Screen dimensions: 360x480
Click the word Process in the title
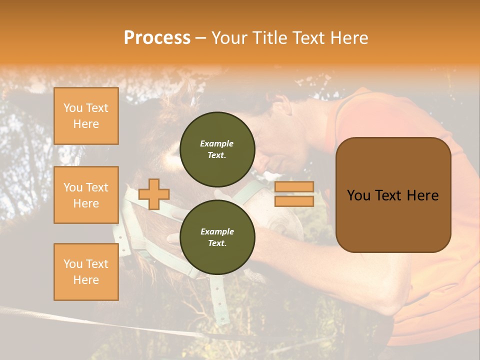click(x=157, y=38)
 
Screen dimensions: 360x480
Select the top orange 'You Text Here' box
click(x=86, y=116)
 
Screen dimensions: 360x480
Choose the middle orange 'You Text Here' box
click(x=86, y=195)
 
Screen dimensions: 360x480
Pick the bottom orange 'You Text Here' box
click(x=86, y=271)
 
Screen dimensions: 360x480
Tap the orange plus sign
click(x=154, y=194)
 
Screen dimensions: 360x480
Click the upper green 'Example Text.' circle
click(x=217, y=149)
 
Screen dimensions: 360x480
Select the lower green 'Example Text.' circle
click(x=217, y=237)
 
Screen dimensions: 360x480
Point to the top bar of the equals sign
click(x=294, y=187)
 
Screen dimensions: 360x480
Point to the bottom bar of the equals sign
click(x=294, y=201)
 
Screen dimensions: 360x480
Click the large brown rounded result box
click(x=393, y=195)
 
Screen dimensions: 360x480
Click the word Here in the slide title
click(x=349, y=38)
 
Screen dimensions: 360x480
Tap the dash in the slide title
click(x=201, y=38)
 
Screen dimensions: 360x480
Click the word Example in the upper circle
click(x=217, y=143)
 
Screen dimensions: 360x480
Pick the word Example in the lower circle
click(x=217, y=231)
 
